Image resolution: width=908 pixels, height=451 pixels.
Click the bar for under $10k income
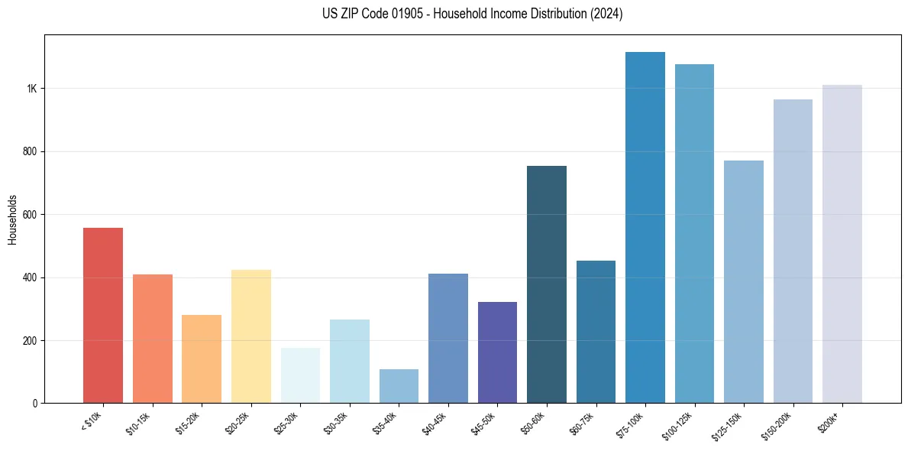[103, 315]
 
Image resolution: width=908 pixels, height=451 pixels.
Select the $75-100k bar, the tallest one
[645, 227]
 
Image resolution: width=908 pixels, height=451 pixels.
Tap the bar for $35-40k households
[399, 386]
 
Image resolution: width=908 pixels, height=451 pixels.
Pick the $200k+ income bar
[842, 244]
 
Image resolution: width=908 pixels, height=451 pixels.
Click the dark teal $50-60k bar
[547, 284]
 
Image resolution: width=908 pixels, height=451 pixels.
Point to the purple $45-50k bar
[497, 352]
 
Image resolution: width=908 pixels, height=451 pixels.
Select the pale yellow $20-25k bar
[251, 336]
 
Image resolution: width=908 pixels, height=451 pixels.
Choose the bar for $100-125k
[694, 233]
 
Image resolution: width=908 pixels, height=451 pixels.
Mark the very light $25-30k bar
[300, 375]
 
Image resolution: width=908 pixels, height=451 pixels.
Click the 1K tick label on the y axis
[31, 89]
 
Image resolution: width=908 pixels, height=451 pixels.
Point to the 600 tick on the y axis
[30, 215]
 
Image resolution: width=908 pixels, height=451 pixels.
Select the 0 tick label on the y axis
[34, 403]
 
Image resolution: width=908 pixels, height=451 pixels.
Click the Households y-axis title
[12, 219]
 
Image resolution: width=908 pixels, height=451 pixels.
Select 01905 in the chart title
[398, 14]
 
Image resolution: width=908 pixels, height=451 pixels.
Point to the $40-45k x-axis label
[435, 423]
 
